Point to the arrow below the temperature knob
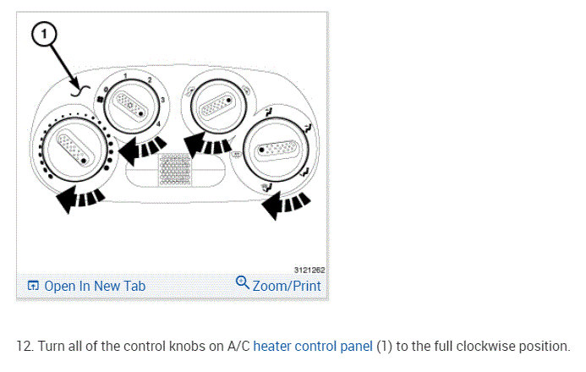tap(81, 200)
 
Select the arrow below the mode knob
tap(283, 202)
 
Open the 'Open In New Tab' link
tap(94, 286)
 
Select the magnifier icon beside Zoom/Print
tap(243, 283)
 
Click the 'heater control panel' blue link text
tap(313, 347)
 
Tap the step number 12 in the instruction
tap(24, 347)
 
